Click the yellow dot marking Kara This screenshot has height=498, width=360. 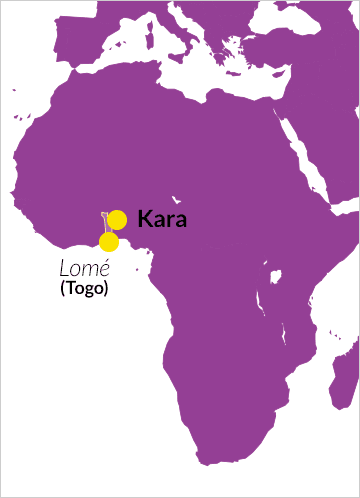[117, 220]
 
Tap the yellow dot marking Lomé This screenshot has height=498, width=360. [109, 242]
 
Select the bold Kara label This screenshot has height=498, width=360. [162, 219]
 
